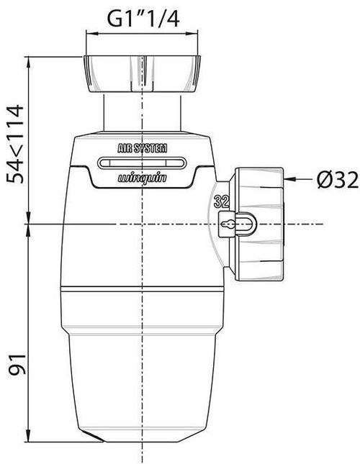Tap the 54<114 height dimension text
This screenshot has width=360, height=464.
(16, 144)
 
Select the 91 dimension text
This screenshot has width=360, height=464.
(17, 364)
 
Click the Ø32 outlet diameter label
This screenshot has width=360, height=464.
(337, 181)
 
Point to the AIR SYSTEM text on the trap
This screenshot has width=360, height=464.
(143, 148)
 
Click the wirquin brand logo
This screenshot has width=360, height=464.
(143, 178)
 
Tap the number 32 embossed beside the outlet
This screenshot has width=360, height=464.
(222, 201)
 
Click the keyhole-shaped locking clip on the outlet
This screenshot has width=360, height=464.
(237, 224)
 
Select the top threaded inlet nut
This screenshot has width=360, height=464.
(142, 73)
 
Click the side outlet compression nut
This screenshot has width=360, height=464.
(256, 224)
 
